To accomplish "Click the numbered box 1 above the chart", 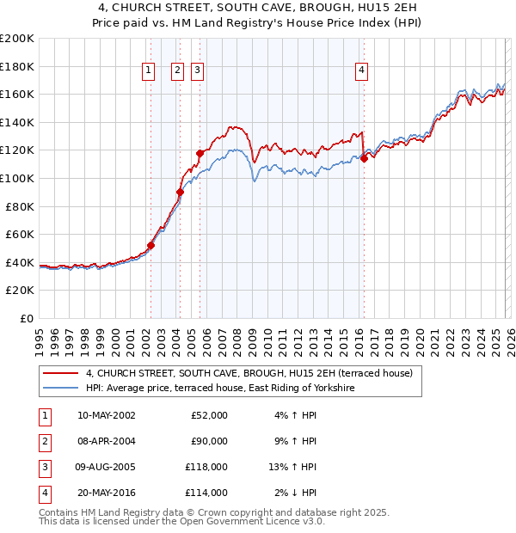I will [150, 70].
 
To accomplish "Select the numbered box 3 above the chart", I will [198, 70].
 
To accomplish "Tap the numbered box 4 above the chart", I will [362, 70].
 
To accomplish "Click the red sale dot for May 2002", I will [150, 245].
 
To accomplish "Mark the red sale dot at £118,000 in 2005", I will [200, 153].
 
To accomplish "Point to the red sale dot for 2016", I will [364, 158].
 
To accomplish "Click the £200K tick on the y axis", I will [17, 39].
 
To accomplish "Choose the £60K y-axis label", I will [20, 234].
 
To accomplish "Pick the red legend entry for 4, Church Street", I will [249, 373].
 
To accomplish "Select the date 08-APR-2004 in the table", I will [106, 441].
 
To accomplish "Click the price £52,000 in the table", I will [208, 415].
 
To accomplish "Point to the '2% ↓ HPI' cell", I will [296, 493].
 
